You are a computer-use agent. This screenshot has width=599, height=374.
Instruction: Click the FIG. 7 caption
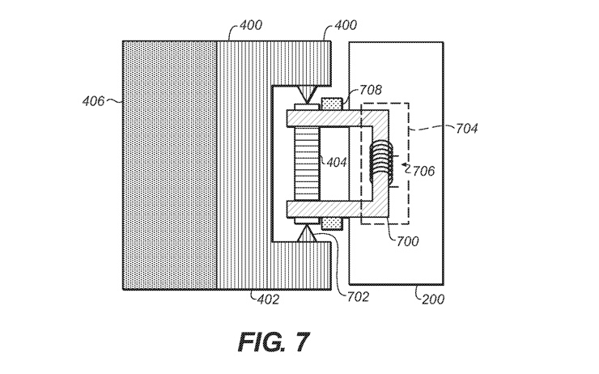pyautogui.click(x=274, y=341)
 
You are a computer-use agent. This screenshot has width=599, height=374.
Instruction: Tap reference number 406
pyautogui.click(x=93, y=101)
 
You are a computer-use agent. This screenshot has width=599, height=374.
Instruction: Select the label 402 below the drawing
pyautogui.click(x=268, y=300)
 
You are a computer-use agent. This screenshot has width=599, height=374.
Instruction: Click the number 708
pyautogui.click(x=370, y=90)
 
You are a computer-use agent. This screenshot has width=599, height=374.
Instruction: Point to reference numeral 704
pyautogui.click(x=466, y=129)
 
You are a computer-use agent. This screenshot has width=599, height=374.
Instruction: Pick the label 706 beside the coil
pyautogui.click(x=423, y=171)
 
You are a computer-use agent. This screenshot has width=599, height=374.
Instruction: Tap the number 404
pyautogui.click(x=337, y=163)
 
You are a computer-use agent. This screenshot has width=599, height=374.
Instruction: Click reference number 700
pyautogui.click(x=408, y=241)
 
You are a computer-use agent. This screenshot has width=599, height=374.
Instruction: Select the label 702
pyautogui.click(x=358, y=297)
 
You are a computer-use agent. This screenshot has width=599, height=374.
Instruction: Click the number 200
pyautogui.click(x=433, y=299)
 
